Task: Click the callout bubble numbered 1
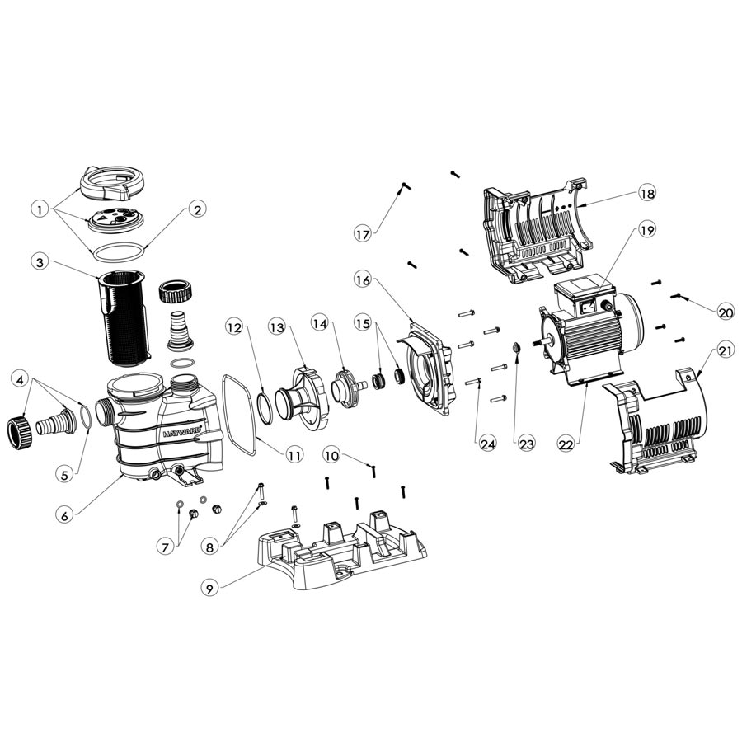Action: point(39,209)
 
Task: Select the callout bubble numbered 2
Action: point(195,209)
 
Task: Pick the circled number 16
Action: point(364,280)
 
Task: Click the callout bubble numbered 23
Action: point(525,444)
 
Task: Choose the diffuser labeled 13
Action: point(302,396)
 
